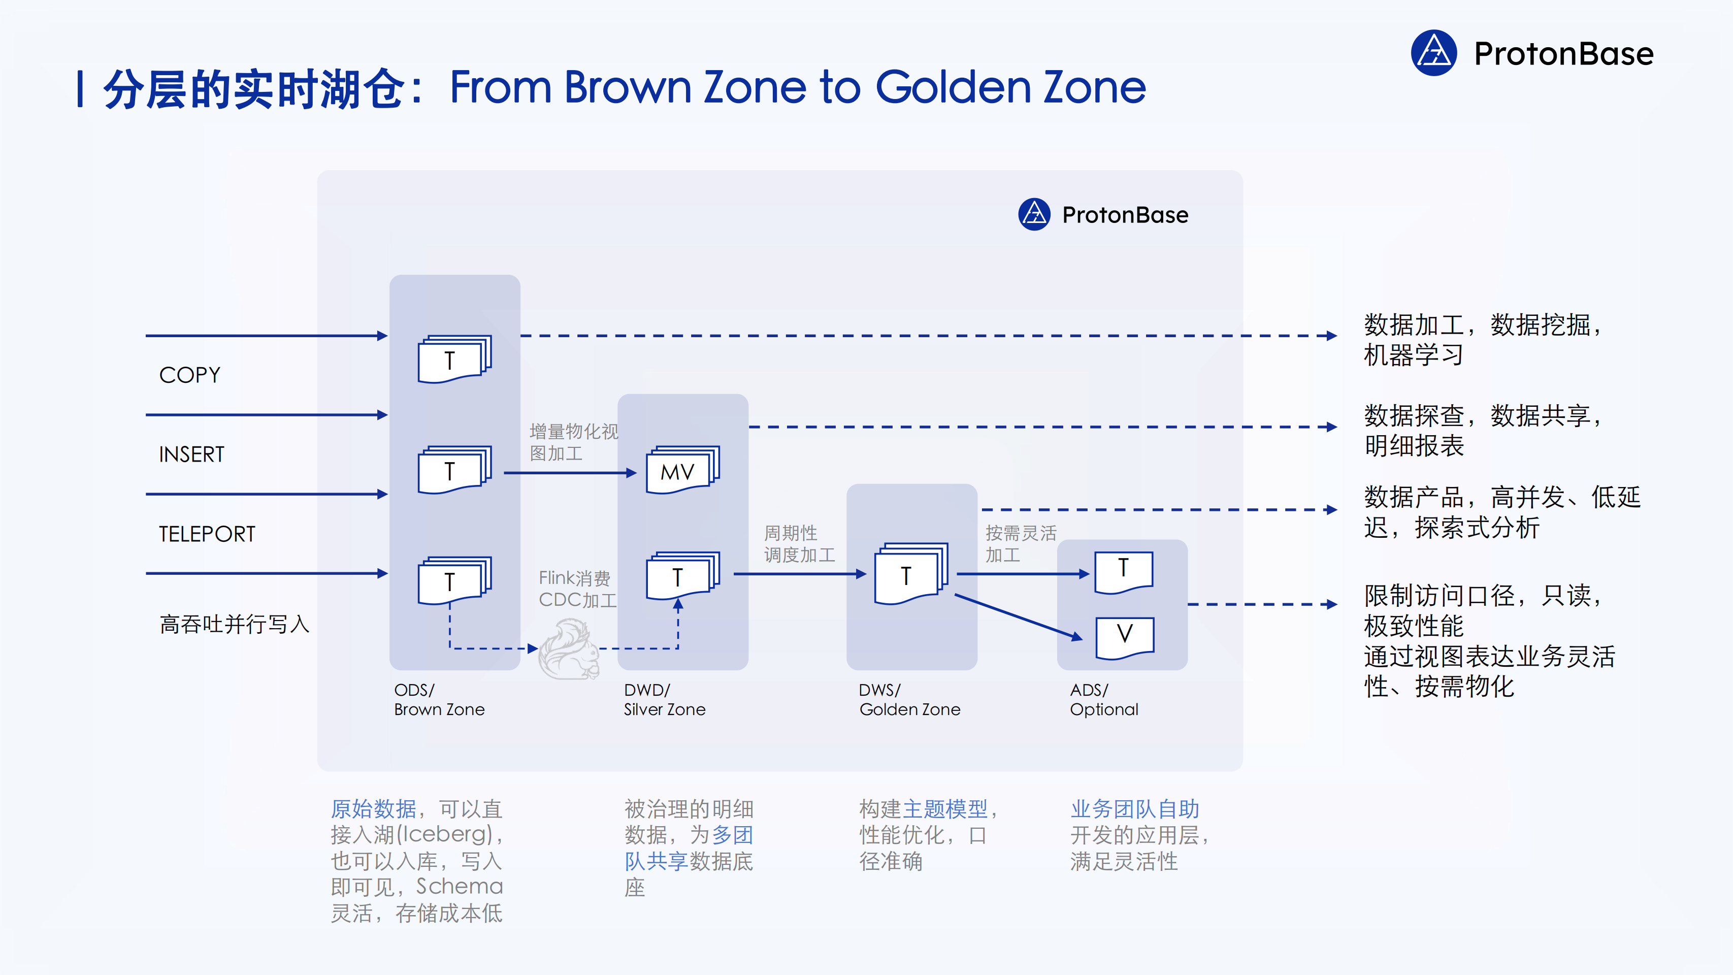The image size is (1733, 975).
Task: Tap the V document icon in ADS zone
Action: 1125,636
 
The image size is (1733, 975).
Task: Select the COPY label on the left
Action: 190,375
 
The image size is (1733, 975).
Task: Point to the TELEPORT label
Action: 207,534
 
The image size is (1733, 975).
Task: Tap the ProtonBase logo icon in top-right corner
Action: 1433,53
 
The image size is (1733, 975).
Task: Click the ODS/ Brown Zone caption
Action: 439,700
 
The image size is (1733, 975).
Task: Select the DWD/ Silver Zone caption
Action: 664,700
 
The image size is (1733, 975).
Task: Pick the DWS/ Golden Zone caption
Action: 909,700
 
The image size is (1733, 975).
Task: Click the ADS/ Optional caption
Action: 1104,700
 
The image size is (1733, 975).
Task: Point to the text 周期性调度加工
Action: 799,544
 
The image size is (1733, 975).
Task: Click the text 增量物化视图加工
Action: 573,442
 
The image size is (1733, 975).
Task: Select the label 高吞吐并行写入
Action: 234,625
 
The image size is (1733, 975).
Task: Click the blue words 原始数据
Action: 373,809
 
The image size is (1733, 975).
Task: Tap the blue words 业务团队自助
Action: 1135,809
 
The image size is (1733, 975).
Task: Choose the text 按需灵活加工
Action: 1021,544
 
